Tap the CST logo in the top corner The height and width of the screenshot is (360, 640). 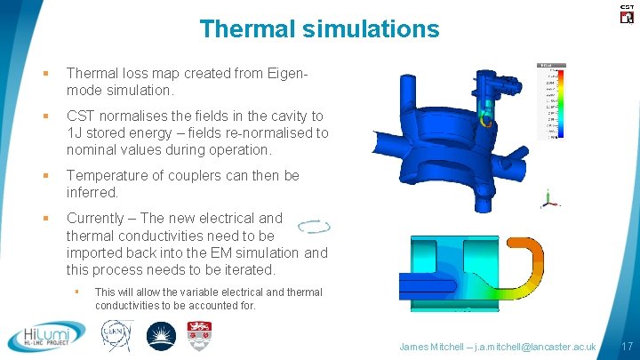pos(626,12)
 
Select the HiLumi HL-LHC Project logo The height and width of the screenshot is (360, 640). pos(46,337)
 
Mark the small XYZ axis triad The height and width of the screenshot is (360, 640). pos(550,199)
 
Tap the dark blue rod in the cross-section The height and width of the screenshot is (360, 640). pos(435,283)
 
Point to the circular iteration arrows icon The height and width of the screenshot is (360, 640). pos(315,227)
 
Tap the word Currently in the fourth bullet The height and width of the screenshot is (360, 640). pos(99,218)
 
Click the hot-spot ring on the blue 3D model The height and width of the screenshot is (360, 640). pos(484,116)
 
